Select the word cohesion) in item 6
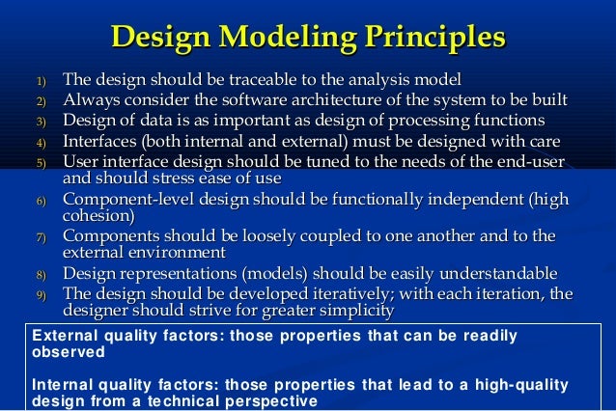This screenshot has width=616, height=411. pyautogui.click(x=98, y=217)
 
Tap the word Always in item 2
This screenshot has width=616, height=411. pyautogui.click(x=89, y=99)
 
